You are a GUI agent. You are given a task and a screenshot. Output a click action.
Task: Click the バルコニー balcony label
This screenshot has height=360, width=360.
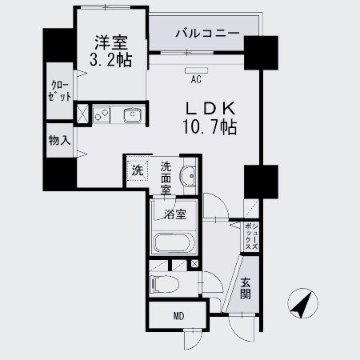pos(206,34)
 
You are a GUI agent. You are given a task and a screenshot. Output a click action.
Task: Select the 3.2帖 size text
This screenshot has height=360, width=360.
pos(110,60)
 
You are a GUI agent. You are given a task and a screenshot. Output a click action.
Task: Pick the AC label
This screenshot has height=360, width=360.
pos(195,79)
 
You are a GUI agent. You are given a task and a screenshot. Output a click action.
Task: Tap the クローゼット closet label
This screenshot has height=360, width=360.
pos(61,90)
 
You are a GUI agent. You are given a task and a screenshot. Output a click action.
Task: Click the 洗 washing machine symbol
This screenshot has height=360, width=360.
pos(137,170)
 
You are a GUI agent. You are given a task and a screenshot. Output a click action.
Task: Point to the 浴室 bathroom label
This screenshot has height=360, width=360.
pos(175,214)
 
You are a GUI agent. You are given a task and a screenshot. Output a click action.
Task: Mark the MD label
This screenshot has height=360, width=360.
pos(178,315)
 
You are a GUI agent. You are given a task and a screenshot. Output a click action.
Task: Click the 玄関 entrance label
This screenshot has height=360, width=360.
pos(246,289)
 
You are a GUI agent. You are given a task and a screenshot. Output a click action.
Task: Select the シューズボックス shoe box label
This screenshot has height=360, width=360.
pos(250,237)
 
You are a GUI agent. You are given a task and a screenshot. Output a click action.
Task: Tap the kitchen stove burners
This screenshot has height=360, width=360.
pos(102,117)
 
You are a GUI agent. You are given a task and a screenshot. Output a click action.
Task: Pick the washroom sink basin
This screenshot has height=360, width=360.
pos(188,175)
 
